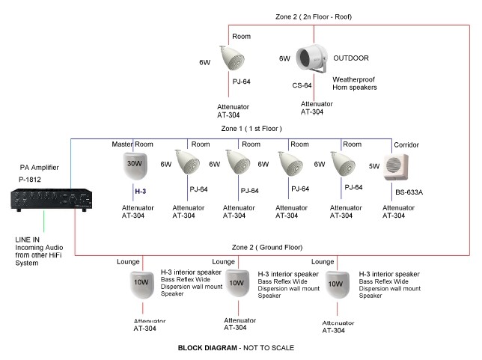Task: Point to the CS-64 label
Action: point(302,86)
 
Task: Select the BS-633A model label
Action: point(409,192)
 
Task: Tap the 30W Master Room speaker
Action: point(135,165)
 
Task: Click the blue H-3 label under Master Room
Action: point(140,192)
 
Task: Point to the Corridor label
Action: point(400,144)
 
